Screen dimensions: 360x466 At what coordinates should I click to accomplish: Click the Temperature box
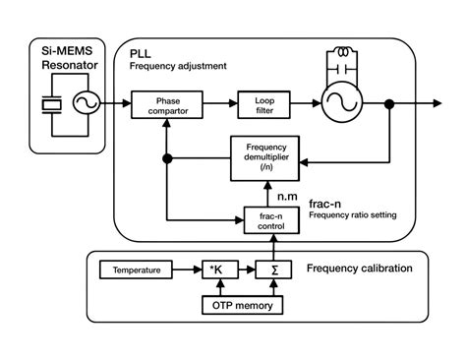coord(136,269)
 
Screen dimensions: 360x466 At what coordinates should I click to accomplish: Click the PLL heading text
coord(142,52)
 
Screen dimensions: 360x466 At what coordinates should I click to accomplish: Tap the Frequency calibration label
coord(367,268)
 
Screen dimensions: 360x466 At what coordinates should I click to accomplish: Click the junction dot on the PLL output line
coord(390,103)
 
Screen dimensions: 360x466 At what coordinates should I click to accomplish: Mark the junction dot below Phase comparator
coord(169,158)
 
